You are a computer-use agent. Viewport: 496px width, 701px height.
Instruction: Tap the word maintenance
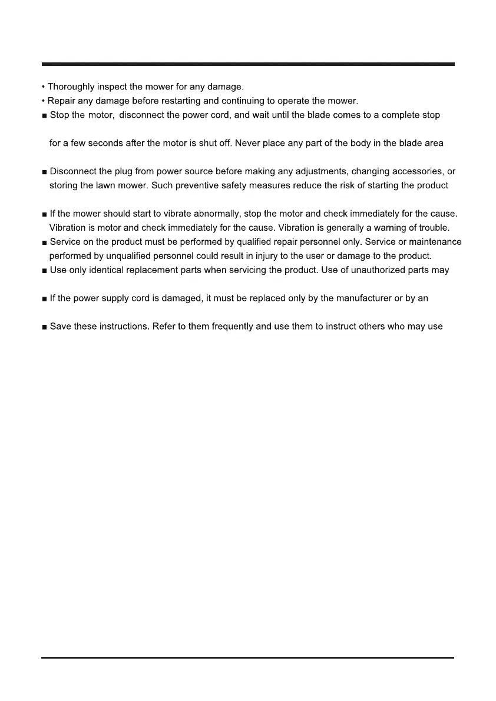tap(432, 242)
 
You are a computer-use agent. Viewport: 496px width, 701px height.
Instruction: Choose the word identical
tap(100, 270)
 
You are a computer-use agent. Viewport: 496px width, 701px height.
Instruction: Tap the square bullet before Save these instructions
tap(45, 327)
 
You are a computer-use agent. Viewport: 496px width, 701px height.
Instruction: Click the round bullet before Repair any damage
tap(44, 101)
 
